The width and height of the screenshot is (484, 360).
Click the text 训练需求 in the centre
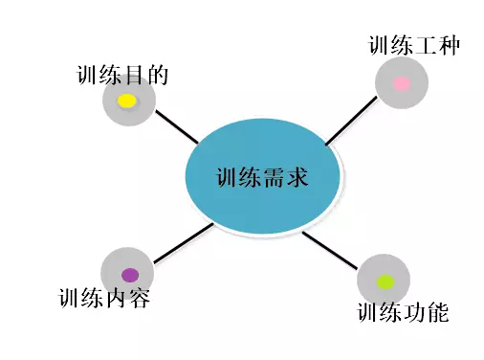[x=261, y=177]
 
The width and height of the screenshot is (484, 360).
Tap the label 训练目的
[x=121, y=76]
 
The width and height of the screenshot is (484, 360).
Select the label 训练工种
[x=414, y=45]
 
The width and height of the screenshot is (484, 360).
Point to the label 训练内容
[x=103, y=297]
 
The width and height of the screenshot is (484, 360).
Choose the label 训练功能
[x=403, y=312]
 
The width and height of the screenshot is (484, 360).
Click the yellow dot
[x=127, y=101]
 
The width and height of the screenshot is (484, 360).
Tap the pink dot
[x=402, y=83]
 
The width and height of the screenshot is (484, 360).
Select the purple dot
[x=129, y=275]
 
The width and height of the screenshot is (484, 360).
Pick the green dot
[x=385, y=281]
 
